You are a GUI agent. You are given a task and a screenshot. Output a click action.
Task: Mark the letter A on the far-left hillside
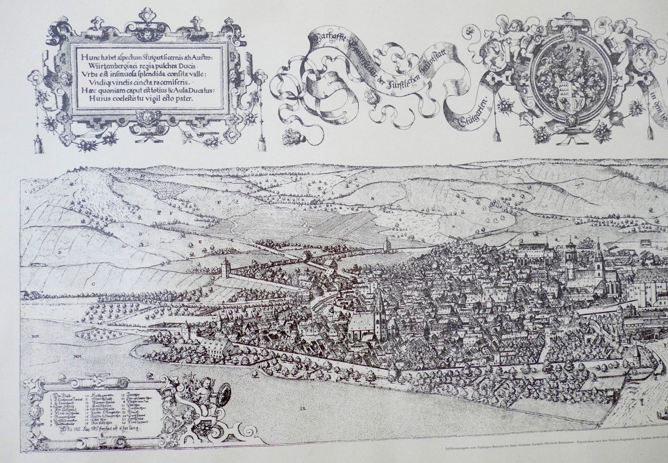pyautogui.click(x=28, y=208)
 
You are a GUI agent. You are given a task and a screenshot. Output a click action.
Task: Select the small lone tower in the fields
pyautogui.click(x=387, y=245)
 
